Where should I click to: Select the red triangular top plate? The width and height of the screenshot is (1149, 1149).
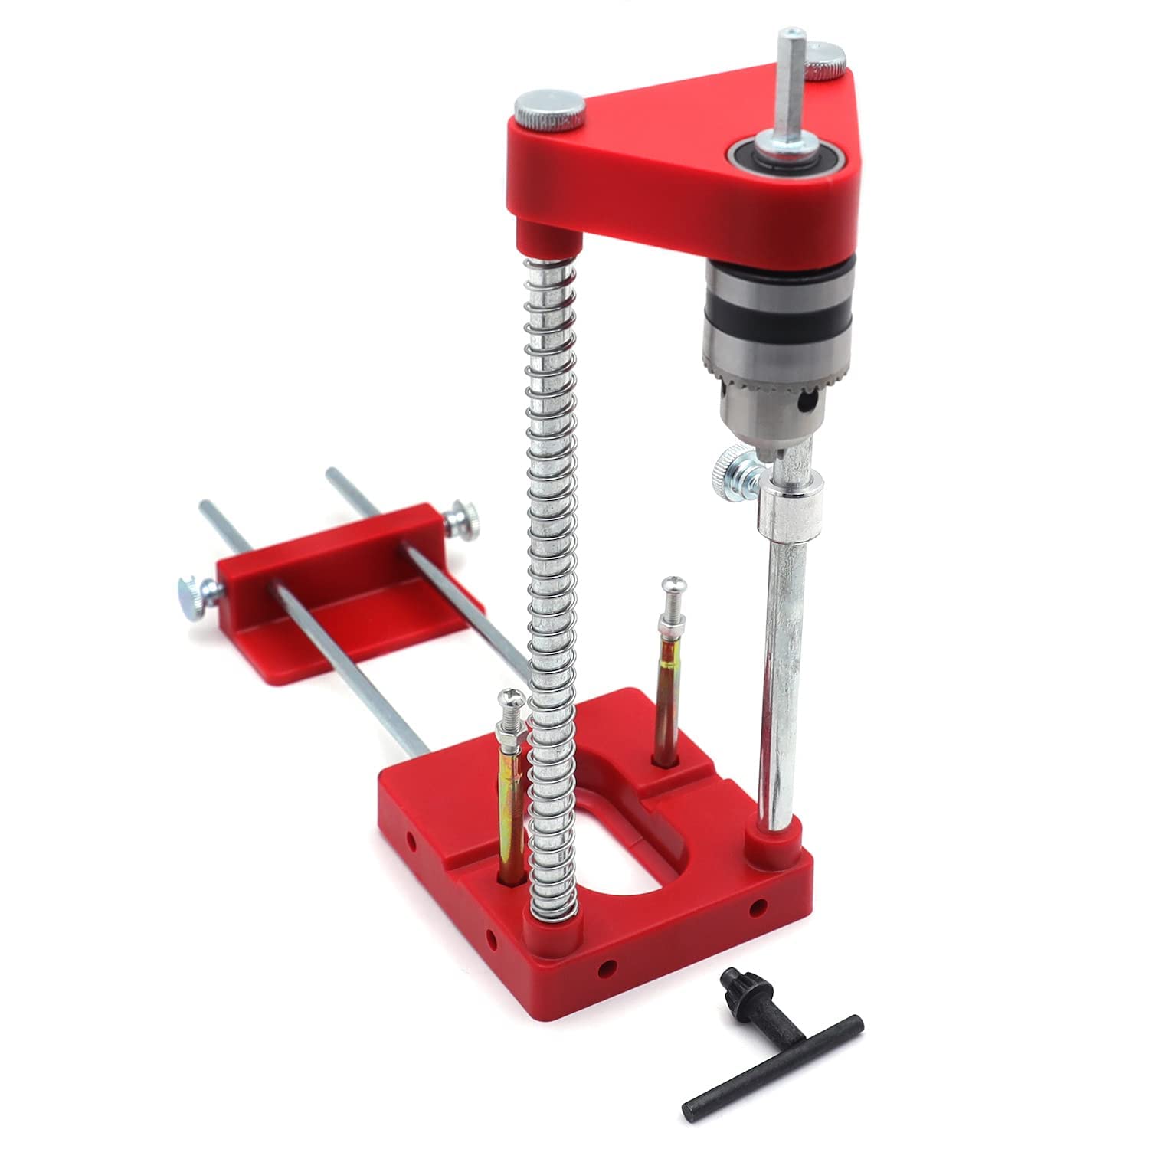tap(659, 161)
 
